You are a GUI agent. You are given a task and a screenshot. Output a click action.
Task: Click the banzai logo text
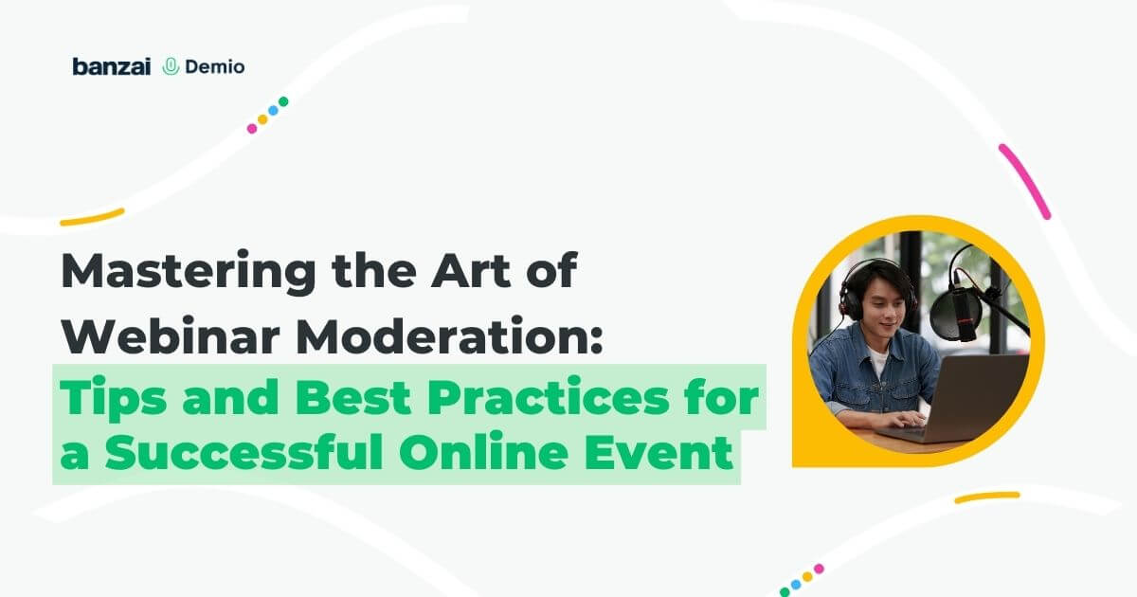tap(112, 66)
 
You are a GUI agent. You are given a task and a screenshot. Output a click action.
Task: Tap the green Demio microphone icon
tap(171, 66)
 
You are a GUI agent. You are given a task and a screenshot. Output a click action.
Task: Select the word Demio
tap(215, 66)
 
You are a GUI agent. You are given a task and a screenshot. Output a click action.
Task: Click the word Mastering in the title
tap(189, 273)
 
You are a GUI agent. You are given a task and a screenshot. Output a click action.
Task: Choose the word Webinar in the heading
tap(171, 335)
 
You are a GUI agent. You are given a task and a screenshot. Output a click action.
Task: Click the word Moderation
tap(450, 335)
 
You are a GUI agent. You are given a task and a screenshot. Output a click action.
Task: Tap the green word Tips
tap(113, 400)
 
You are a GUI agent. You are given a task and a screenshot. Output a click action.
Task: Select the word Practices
tap(549, 396)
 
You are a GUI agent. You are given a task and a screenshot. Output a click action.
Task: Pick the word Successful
tap(244, 451)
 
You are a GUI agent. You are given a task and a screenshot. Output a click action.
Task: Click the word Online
tap(483, 451)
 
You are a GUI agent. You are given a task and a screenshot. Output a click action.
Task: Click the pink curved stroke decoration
tap(1024, 181)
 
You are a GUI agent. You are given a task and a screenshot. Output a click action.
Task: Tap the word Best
tap(353, 396)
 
